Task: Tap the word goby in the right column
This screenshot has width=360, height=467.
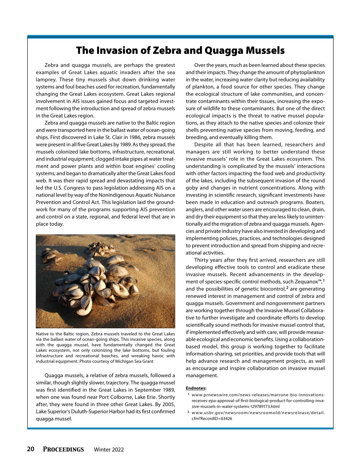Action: tap(192, 188)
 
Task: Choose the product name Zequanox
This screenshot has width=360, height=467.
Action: tap(307, 282)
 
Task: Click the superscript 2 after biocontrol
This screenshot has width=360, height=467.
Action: tap(287, 288)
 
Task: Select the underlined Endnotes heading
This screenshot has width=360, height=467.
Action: tap(196, 388)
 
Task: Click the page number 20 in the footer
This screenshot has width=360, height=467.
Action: tap(30, 449)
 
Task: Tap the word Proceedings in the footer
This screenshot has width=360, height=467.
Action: tap(63, 449)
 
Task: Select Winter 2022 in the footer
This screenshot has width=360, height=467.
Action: tap(109, 450)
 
